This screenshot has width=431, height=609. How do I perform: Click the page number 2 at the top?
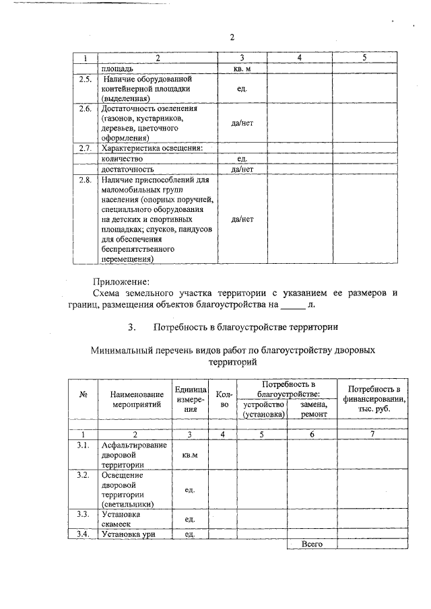click(232, 37)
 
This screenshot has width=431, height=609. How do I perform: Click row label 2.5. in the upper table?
click(84, 79)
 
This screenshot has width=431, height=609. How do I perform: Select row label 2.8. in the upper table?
click(84, 180)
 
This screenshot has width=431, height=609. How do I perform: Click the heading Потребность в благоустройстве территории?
click(245, 327)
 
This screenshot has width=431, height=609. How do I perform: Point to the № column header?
click(84, 394)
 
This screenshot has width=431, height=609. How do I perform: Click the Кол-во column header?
click(225, 399)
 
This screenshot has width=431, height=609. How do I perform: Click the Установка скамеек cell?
click(121, 519)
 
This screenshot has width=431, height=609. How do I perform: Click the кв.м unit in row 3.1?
click(190, 455)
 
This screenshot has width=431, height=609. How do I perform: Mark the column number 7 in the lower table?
click(373, 434)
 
